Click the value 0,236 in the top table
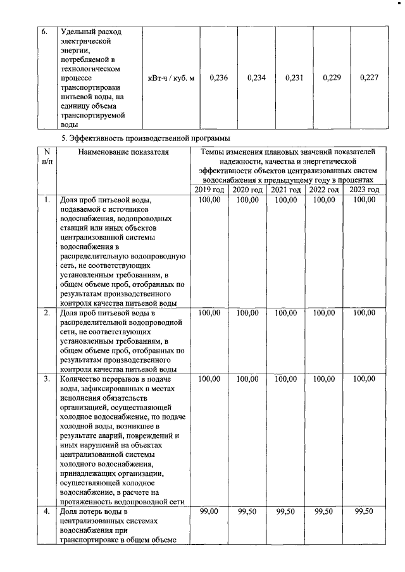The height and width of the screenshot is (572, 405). (218, 78)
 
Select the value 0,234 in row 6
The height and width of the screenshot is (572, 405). (256, 78)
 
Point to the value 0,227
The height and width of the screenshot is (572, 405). (368, 78)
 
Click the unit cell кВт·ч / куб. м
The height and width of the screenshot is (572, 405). (171, 78)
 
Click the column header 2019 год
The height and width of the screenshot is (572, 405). (209, 190)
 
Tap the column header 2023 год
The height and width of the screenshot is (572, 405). (364, 190)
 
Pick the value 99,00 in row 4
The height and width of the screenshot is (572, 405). (209, 511)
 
